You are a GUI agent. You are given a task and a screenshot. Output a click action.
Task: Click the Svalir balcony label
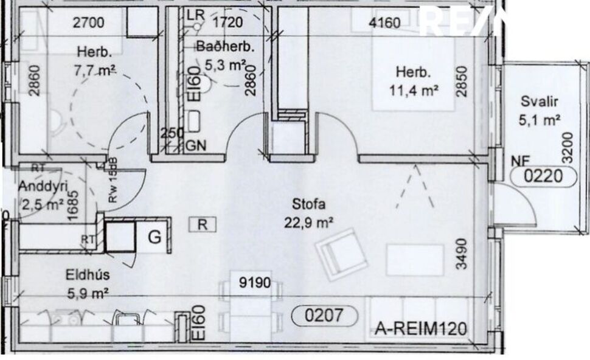pos(540,102)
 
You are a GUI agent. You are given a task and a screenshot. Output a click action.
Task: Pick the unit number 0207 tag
pos(324,315)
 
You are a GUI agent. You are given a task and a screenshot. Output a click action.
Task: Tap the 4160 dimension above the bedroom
pos(385,24)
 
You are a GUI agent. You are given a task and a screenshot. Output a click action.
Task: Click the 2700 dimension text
pos(89,24)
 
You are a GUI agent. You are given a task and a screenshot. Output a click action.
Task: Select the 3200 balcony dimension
pos(567,145)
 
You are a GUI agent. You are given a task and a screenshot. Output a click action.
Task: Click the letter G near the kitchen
pos(155,237)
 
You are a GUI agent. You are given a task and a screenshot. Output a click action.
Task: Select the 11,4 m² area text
pos(415,91)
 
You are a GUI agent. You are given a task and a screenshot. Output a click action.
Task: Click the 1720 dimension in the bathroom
pos(227,24)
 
